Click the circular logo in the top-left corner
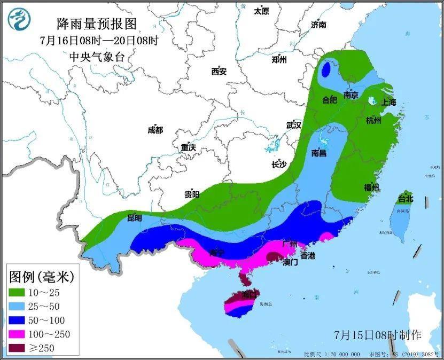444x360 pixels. click(19, 19)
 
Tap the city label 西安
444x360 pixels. click(219, 71)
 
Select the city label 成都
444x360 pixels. click(155, 130)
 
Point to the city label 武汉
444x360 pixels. click(294, 125)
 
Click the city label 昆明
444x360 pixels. click(135, 218)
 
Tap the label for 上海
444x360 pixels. click(388, 103)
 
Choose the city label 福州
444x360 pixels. click(371, 187)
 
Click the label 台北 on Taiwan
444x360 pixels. click(406, 199)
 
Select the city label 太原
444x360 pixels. click(261, 11)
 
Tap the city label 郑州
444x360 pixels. click(279, 59)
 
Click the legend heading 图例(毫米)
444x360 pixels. click(41, 277)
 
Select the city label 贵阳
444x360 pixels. click(192, 195)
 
